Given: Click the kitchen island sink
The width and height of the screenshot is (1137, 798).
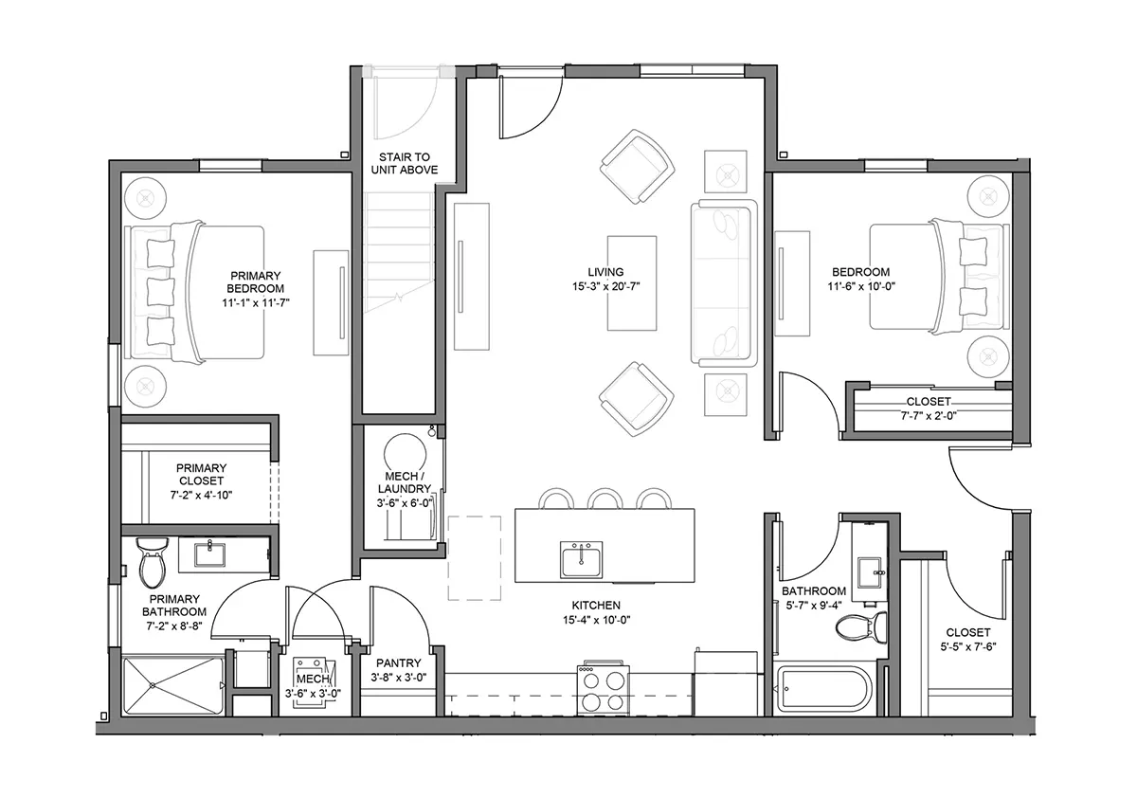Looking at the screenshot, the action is (x=581, y=559).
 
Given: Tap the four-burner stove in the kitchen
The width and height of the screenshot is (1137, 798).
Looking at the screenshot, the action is (x=603, y=688).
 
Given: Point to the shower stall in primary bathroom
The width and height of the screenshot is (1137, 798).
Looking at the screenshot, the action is (x=173, y=685).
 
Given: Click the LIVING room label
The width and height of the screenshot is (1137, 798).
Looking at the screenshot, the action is (x=605, y=272).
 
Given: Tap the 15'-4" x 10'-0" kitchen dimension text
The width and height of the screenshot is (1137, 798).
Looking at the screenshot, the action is (x=596, y=620).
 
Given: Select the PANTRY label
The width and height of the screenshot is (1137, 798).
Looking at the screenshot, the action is (x=399, y=663).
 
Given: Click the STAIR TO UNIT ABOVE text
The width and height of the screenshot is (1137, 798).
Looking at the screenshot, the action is (x=405, y=163).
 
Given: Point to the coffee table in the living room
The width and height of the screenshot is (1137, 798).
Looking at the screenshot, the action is (x=632, y=283).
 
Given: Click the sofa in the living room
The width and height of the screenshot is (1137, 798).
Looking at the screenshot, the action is (x=724, y=283).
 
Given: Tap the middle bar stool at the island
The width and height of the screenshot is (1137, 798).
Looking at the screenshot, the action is (x=605, y=499).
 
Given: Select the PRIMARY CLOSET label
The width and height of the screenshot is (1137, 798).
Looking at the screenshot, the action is (x=201, y=474).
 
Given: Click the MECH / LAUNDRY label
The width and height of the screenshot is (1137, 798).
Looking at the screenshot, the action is (x=405, y=482).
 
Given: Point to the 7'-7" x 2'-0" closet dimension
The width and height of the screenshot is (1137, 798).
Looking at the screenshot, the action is (x=929, y=416).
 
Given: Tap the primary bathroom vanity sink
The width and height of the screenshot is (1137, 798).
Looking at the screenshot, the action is (x=209, y=554).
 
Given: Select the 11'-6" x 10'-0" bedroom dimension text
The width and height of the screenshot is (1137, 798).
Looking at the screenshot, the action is (x=861, y=286).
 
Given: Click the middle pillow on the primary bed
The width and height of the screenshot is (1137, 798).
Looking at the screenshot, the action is (x=160, y=292).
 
